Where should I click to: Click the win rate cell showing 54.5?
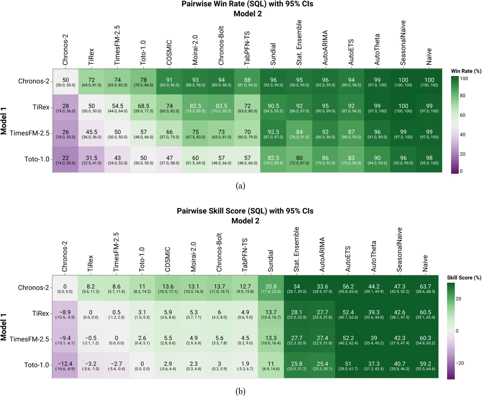[x=117, y=108]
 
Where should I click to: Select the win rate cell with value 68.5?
[x=143, y=108]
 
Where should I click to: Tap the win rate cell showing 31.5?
[x=91, y=160]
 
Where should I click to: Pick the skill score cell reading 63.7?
[x=425, y=288]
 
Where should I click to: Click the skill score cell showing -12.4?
[x=65, y=366]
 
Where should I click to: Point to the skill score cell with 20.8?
[x=271, y=288]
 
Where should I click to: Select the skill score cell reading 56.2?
[x=348, y=288]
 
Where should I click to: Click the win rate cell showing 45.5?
[x=91, y=134]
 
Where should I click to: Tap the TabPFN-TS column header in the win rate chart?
[x=247, y=48]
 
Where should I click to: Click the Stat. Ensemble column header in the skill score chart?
[x=296, y=249]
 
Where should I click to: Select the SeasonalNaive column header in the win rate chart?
[x=403, y=43]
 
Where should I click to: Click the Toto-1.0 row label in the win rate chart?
[x=37, y=159]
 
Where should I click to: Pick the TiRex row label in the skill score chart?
[x=40, y=313]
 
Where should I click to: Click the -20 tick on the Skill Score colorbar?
[x=460, y=363]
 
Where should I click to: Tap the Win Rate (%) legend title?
[x=466, y=71]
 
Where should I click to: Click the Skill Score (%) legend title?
[x=464, y=278]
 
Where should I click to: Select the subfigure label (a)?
[x=240, y=186]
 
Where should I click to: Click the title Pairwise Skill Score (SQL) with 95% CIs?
[x=245, y=211]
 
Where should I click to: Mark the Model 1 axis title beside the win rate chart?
[x=4, y=121]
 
